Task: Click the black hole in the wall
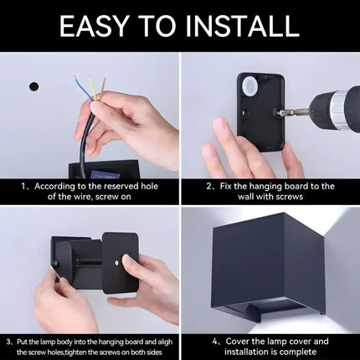coord(34,86)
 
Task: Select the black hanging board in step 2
coord(260,112)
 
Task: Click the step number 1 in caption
coord(26,186)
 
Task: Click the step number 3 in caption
coord(8,342)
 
